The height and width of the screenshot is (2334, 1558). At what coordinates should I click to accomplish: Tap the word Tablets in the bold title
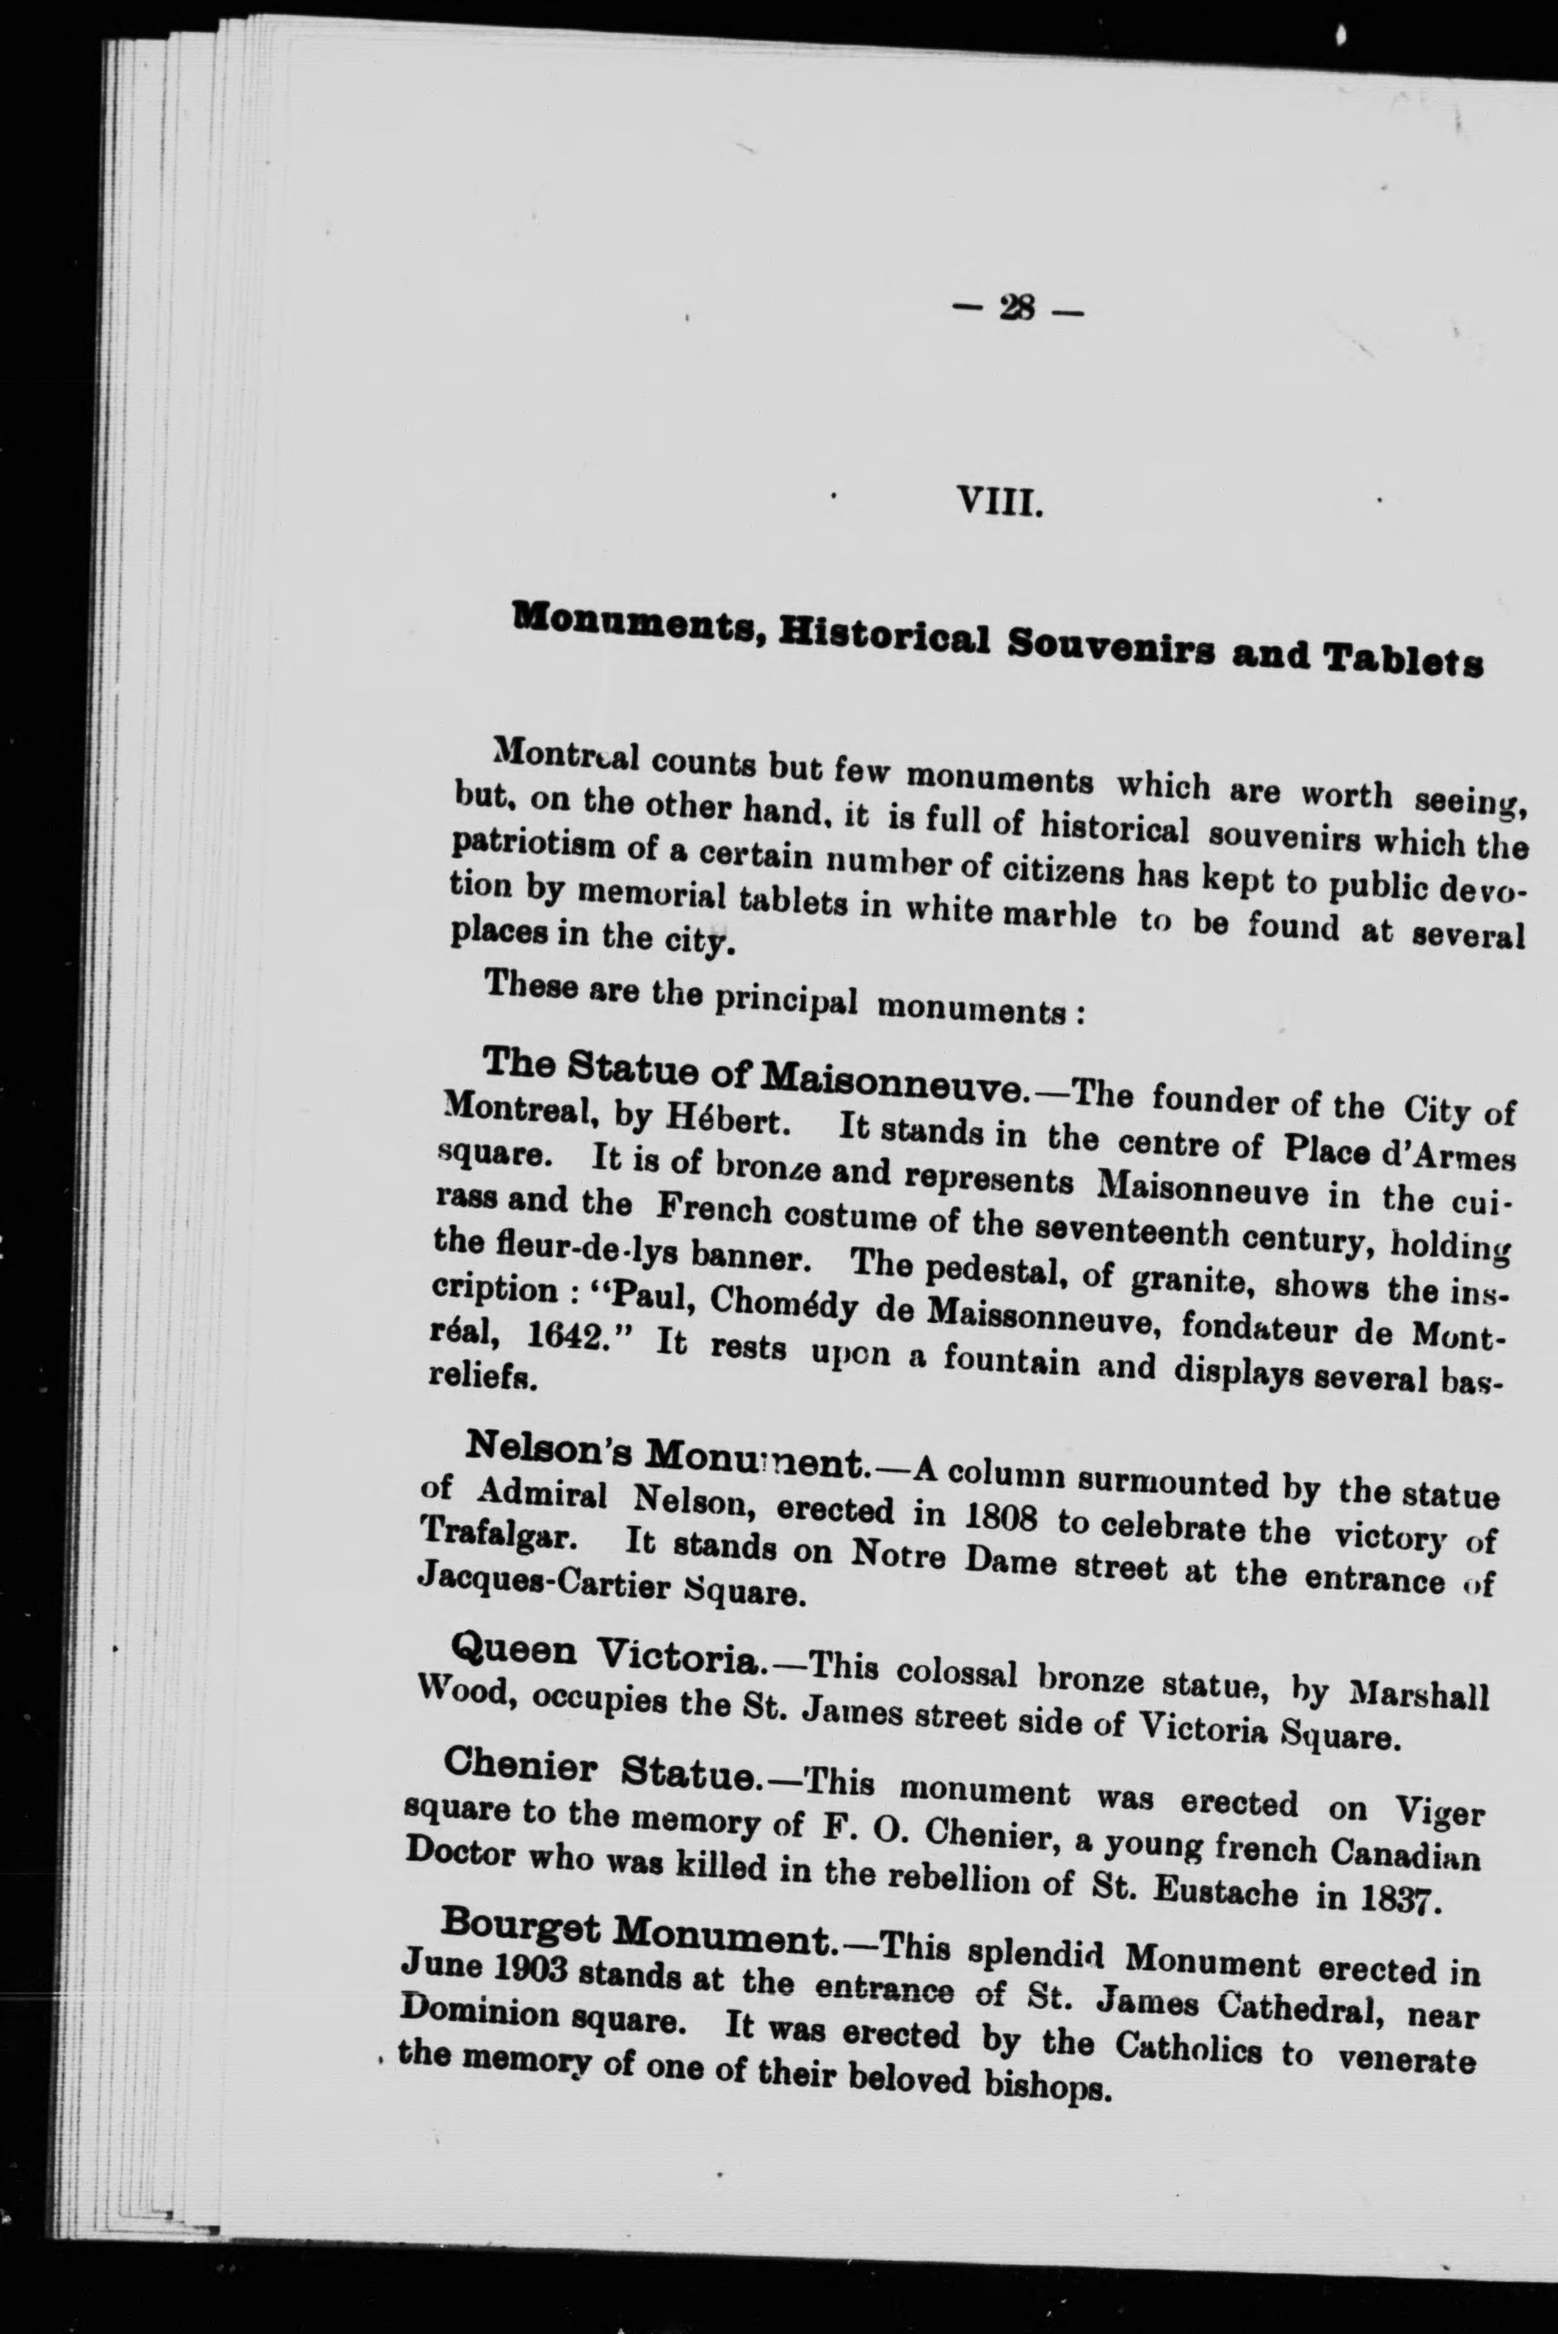[1404, 661]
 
